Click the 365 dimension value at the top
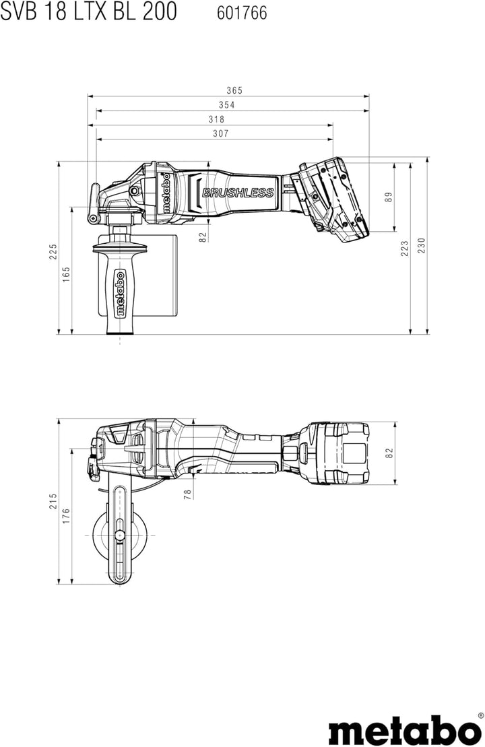(234, 90)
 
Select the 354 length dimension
(226, 104)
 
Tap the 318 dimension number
(216, 119)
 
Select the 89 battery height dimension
(388, 197)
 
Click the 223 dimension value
(405, 249)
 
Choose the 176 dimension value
(67, 515)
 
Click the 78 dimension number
(188, 493)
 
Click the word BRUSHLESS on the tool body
(238, 193)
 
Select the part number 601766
(242, 13)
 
